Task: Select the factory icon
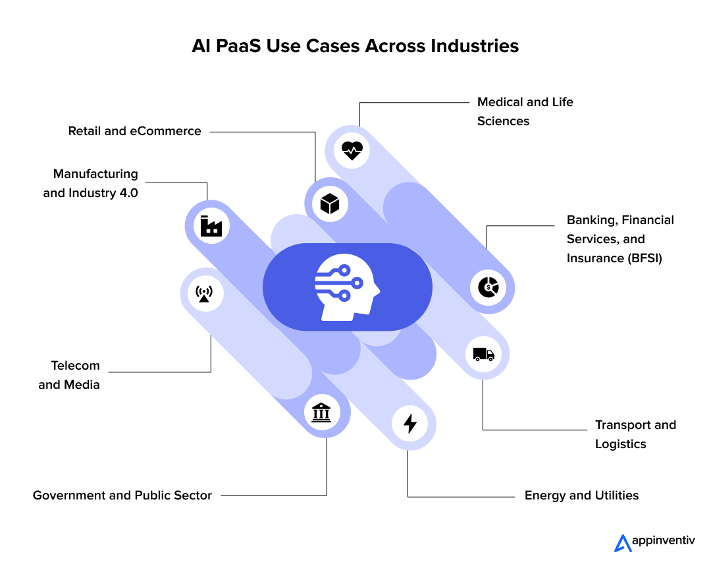pos(211,226)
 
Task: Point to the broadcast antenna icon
pos(205,293)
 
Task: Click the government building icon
pos(321,413)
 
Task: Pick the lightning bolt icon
pos(410,423)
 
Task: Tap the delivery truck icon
pos(483,355)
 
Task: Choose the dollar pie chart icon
pos(488,287)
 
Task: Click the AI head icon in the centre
pos(348,287)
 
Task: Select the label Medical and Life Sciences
pos(525,111)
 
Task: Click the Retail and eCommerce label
pos(135,131)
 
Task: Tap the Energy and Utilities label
pos(581,496)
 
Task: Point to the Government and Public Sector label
pos(122,496)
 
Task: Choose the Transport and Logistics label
pos(635,434)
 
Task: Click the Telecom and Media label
pos(69,375)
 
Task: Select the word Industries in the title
pos(474,46)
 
